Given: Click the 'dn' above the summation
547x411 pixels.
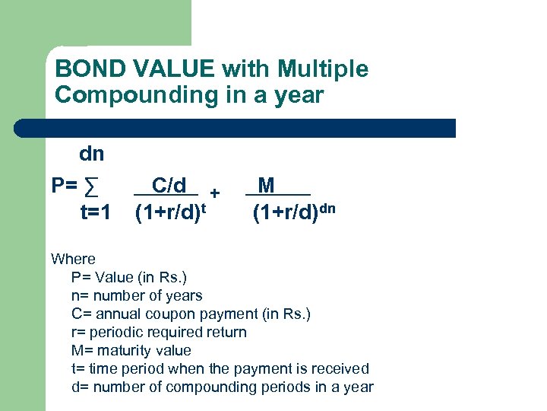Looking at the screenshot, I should (x=91, y=155).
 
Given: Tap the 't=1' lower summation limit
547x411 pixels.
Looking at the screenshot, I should (x=96, y=212).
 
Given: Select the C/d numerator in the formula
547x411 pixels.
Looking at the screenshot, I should (x=169, y=186).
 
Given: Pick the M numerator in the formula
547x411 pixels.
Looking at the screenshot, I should (x=267, y=186).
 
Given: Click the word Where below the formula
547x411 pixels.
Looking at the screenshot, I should (x=73, y=259).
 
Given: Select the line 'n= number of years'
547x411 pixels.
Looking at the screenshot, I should (x=137, y=295).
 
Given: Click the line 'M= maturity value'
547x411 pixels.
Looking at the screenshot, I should (x=131, y=350).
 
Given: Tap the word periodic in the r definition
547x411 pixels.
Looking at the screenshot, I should (x=117, y=332).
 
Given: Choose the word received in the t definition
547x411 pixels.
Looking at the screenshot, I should (x=341, y=368).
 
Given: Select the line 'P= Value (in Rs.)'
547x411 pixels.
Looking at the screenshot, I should (x=128, y=277).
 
